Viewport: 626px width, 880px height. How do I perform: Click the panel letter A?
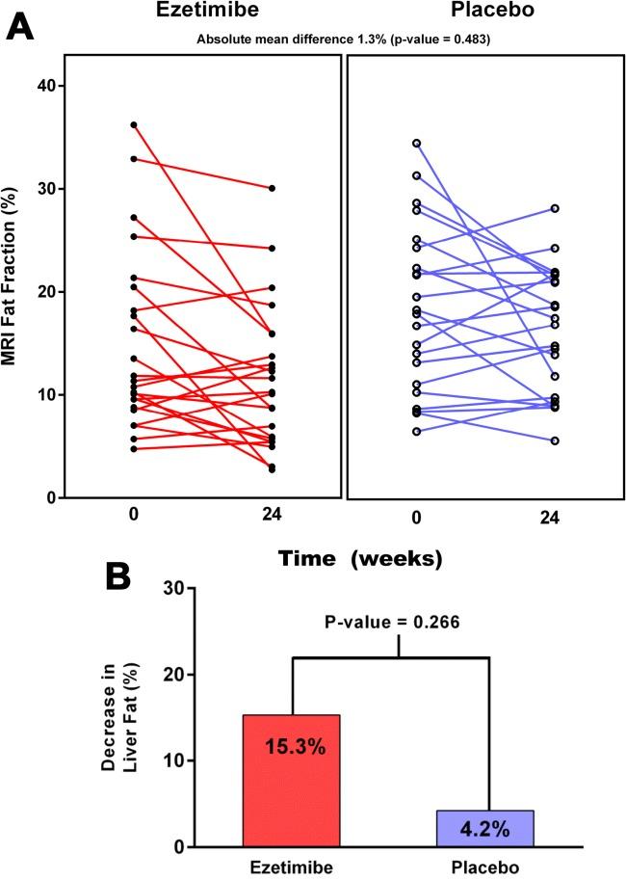pyautogui.click(x=24, y=22)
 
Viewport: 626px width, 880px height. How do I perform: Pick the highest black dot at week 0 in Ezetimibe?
pyautogui.click(x=134, y=124)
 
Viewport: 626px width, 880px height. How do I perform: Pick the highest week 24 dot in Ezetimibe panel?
pyautogui.click(x=273, y=189)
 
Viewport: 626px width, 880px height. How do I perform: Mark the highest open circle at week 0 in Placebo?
pyautogui.click(x=416, y=143)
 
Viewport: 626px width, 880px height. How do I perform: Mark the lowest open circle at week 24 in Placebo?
pyautogui.click(x=555, y=440)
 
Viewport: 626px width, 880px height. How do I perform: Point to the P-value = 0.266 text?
pyautogui.click(x=399, y=621)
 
